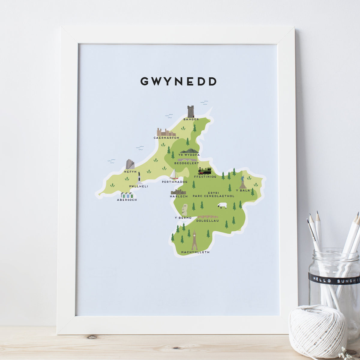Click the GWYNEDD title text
(x=178, y=82)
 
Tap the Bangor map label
(x=191, y=119)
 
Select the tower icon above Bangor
(x=190, y=111)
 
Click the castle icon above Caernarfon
(x=166, y=132)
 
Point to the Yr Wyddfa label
(x=189, y=155)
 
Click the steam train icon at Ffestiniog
(x=205, y=171)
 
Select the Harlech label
(x=178, y=196)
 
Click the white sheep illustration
(x=222, y=206)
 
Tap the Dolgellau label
(x=207, y=221)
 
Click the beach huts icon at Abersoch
(x=127, y=195)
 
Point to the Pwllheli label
(x=139, y=186)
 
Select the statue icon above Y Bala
(x=243, y=182)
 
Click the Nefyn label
(x=130, y=172)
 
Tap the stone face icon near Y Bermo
(x=185, y=210)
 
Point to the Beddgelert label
(x=187, y=163)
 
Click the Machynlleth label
(x=195, y=252)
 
